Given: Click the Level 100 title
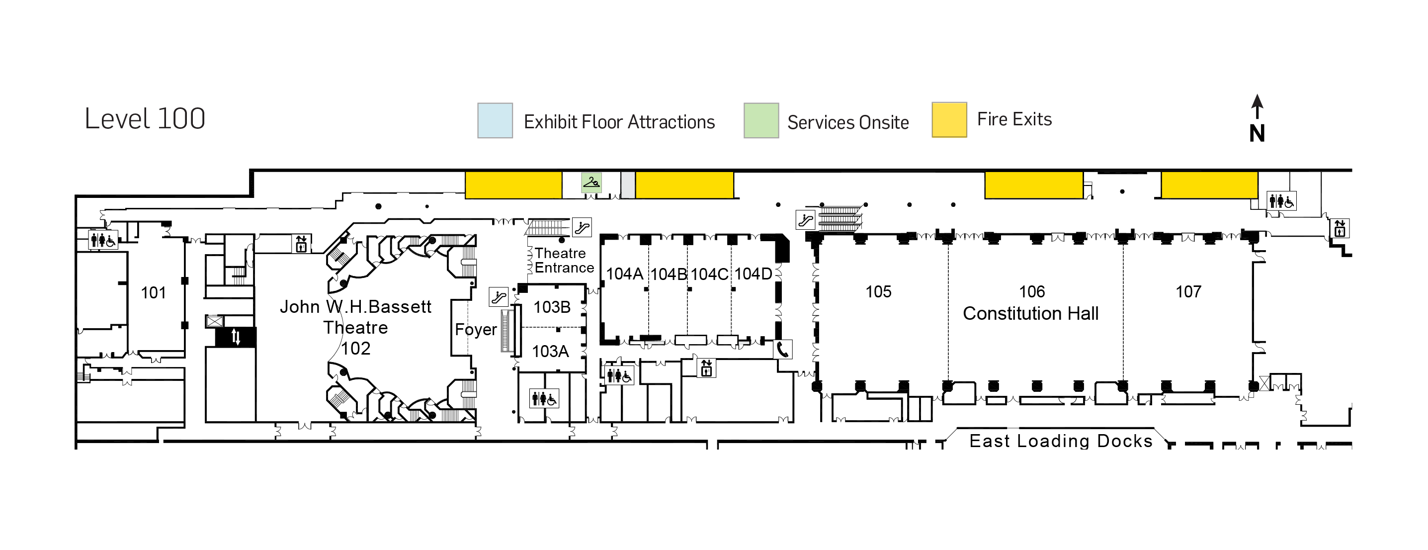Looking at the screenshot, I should pos(145,119).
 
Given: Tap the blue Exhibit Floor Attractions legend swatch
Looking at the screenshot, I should pos(495,120).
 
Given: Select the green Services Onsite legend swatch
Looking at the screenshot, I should pos(760,120).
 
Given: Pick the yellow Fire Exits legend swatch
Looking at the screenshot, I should pos(949,120).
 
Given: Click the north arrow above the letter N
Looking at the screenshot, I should pos(1257,106).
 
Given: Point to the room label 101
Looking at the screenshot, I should pos(154,293).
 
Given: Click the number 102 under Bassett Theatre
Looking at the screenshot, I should pos(355,349).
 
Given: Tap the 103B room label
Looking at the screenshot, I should pos(552,307).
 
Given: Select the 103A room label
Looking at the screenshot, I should pos(550,351).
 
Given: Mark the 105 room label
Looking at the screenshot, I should pos(878,291).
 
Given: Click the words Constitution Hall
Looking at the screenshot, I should pos(1030,314).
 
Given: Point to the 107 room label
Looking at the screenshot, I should pos(1188,291).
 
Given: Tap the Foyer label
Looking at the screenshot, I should pos(476,329).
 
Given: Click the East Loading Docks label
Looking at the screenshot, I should pos(1061,441).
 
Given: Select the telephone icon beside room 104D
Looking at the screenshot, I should pos(783,349).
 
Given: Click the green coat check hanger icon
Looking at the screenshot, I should pos(591,182).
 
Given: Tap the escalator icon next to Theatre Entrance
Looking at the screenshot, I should pos(582,227).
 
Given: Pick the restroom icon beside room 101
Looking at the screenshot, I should pos(103,240).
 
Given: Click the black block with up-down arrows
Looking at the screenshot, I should pos(236,337).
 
